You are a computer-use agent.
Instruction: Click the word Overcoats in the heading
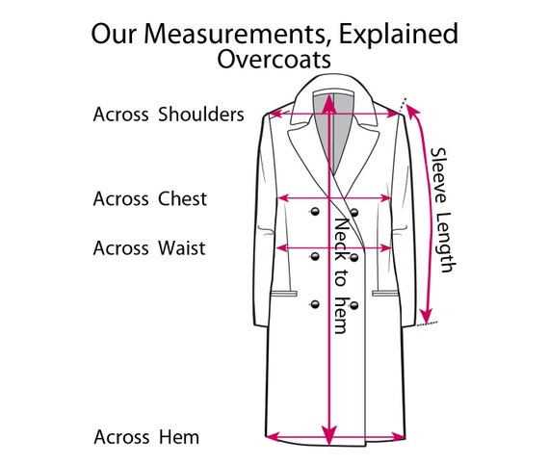274,60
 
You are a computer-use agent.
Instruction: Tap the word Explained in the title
399,35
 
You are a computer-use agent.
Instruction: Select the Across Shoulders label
169,115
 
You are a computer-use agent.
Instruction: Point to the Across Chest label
150,198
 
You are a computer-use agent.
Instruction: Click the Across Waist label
149,248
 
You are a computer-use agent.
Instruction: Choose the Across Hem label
146,437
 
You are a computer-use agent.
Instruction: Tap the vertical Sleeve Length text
443,210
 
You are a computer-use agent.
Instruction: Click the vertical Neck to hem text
341,275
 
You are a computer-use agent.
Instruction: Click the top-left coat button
315,212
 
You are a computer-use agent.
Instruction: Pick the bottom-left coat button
315,304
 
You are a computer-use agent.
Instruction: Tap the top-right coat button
354,213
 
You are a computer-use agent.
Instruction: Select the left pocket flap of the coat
283,294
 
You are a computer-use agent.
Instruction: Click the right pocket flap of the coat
385,294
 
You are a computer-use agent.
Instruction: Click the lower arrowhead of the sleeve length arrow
426,316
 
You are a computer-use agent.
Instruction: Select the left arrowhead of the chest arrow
283,198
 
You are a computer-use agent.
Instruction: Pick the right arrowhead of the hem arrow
399,437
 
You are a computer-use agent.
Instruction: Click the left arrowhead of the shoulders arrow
275,114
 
